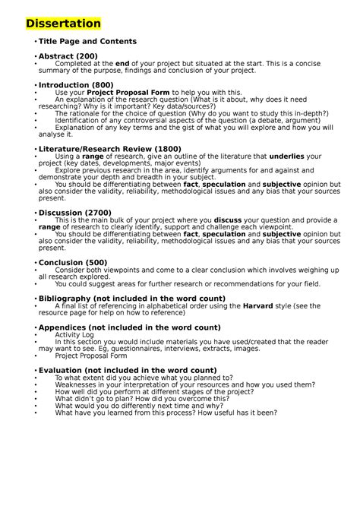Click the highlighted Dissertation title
[62, 24]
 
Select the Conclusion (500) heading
[74, 262]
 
